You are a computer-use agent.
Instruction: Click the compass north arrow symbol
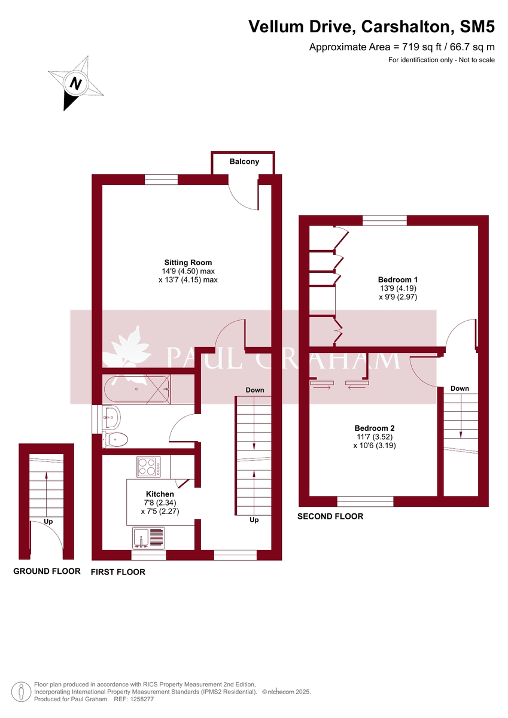75,83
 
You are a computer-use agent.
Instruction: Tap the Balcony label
244,162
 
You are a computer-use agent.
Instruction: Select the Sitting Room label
188,262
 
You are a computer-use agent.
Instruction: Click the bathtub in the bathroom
136,389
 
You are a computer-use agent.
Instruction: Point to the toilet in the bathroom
115,440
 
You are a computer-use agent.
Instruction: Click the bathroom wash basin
112,413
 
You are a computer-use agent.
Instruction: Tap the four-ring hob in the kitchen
148,467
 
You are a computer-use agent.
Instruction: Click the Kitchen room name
160,494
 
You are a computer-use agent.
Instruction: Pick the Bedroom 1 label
398,279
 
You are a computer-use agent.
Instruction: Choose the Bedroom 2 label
375,428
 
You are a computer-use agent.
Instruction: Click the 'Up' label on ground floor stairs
48,522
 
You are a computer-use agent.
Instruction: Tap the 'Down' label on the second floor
460,388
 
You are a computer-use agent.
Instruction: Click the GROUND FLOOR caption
47,571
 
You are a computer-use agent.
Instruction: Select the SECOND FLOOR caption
330,516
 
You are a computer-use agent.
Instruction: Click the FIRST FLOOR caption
118,572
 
